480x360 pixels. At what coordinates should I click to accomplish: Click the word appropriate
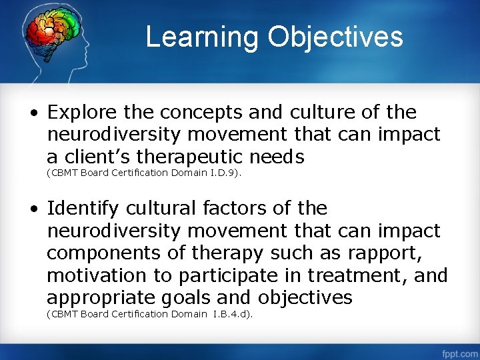click(x=98, y=297)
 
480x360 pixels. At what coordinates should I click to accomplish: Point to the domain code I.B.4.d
click(x=230, y=314)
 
